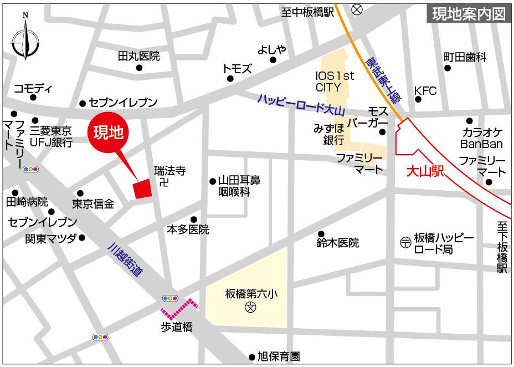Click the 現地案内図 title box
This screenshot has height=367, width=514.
pos(468,14)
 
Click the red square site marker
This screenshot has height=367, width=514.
pos(142,188)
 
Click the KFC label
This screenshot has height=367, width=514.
pos(425,90)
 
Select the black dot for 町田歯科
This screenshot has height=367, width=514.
pos(448,68)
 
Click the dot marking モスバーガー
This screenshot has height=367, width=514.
pos(382,132)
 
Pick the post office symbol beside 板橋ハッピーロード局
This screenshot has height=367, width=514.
pos(405,242)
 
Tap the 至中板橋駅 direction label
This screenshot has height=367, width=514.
pos(307,12)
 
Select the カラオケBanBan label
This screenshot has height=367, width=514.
pos(482,138)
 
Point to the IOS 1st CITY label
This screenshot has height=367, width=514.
pos(335,81)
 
